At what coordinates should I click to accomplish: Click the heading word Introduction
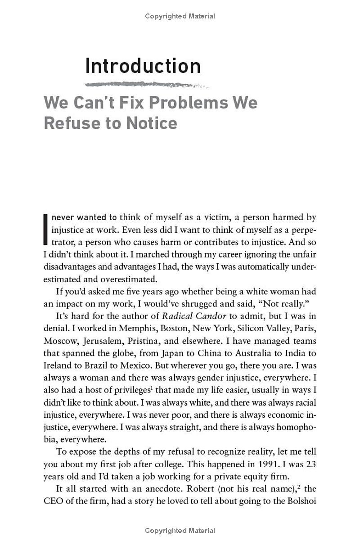pos(143,66)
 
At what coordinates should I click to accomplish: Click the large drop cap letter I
pos(45,230)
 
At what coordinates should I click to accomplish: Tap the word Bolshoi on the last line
pos(301,501)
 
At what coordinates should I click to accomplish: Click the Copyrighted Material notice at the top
pos(180,16)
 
